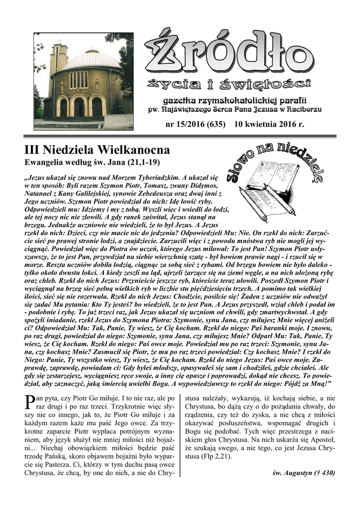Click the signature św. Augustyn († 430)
click(x=305, y=473)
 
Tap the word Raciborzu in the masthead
click(x=303, y=109)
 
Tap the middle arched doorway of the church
click(x=79, y=106)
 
